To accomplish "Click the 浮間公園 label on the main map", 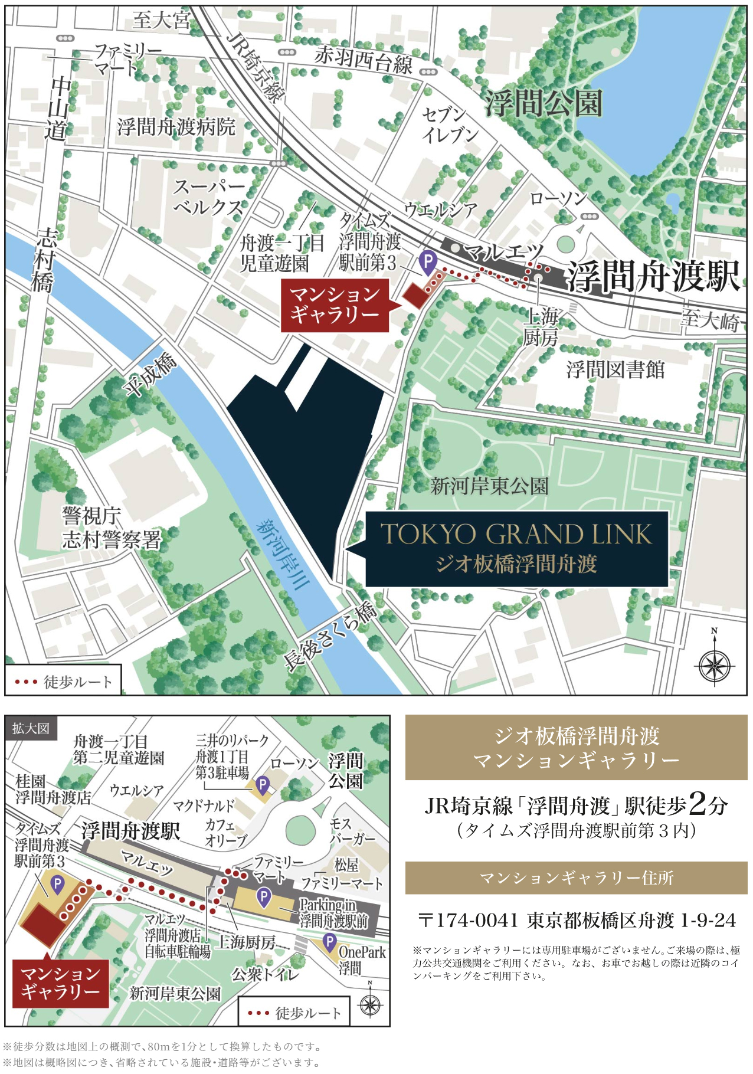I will pos(544,103).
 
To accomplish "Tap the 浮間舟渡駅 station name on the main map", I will pos(653,276).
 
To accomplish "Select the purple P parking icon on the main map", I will pos(427,260).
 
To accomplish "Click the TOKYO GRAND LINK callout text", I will pos(516,534).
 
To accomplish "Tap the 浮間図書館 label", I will pos(616,370).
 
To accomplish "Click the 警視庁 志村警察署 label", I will pos(111,528).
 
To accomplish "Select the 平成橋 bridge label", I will pos(150,375).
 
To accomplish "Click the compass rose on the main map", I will pos(714,665).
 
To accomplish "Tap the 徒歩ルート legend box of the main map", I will pos(64,681).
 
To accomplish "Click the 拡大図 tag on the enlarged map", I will pos(31,728).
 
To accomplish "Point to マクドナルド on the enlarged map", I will pos(204,805).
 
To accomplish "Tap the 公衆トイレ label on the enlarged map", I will pos(265,974).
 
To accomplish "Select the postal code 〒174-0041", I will pos(468,920).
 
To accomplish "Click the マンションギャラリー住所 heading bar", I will pos(576,877).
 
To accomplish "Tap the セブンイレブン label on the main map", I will pos(450,125).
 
